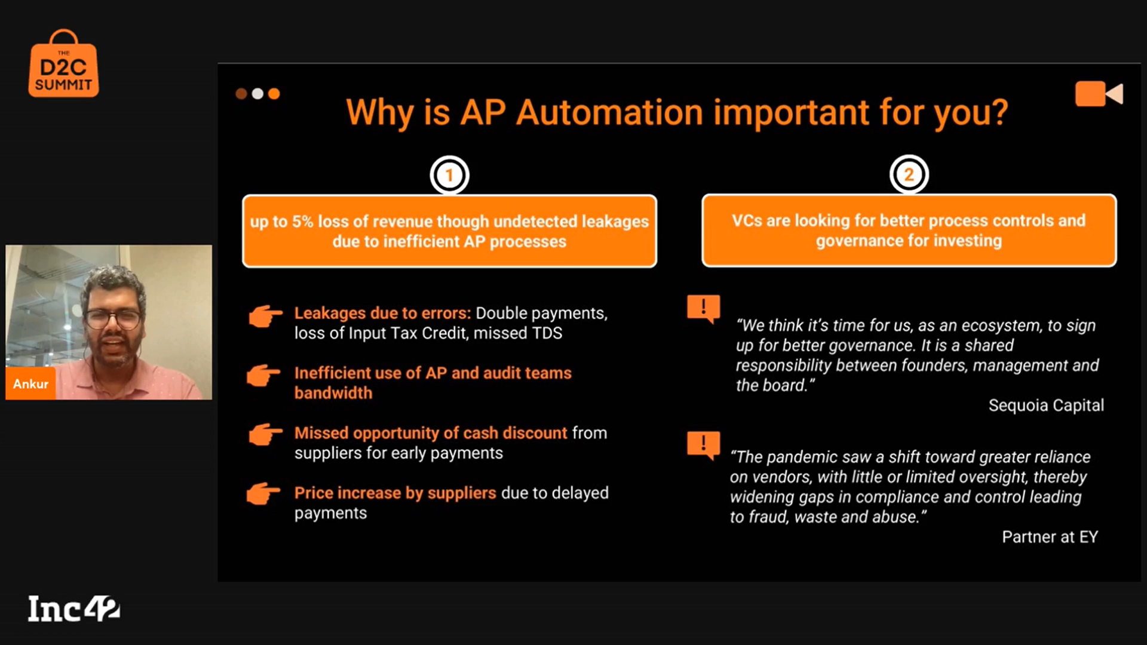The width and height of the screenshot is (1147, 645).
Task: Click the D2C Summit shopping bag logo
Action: (63, 64)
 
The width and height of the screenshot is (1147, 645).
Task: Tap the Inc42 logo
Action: (73, 609)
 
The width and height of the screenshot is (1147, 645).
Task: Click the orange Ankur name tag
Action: (30, 384)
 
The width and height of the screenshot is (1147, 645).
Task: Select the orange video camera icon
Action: (1099, 94)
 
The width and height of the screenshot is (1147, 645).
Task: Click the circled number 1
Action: (449, 175)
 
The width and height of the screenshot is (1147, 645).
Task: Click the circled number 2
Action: (909, 174)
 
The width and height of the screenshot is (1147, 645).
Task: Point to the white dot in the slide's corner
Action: (257, 94)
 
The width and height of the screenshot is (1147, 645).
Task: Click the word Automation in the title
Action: (609, 112)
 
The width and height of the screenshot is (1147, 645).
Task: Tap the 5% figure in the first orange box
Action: (302, 222)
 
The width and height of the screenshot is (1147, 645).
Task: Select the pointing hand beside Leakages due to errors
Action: (265, 316)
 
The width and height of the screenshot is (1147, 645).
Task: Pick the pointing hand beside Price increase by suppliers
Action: (263, 494)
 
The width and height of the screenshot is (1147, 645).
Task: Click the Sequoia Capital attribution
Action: (1046, 406)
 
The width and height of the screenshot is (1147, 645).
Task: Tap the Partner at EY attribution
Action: (1050, 537)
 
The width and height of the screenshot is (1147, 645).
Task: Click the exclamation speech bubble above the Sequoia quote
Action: (703, 309)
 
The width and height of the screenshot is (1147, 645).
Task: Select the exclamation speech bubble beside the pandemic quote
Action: (703, 446)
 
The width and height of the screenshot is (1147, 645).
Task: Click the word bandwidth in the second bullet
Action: (333, 393)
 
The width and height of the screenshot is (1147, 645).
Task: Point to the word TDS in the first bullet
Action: (547, 333)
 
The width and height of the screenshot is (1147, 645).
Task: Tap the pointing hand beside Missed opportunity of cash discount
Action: (265, 434)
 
